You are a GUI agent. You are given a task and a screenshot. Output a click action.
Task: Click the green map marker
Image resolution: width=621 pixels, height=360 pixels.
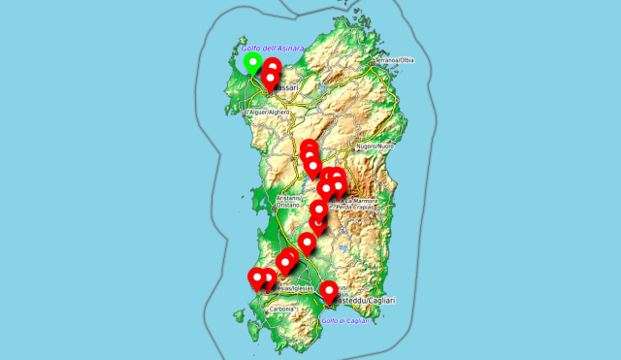252,64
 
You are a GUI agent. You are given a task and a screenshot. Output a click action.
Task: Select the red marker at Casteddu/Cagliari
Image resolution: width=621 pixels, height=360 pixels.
329,290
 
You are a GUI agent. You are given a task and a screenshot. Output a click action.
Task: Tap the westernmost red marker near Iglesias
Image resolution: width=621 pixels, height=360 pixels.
257,278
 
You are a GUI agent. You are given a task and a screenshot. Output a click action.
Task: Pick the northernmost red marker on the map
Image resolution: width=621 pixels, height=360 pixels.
273,67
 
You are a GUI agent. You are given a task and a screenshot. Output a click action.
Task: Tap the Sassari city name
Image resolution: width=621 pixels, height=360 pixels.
284,88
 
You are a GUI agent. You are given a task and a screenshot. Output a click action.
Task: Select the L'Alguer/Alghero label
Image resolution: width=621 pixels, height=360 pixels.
270,113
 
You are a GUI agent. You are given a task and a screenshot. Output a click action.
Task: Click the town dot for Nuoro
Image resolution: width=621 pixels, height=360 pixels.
360,146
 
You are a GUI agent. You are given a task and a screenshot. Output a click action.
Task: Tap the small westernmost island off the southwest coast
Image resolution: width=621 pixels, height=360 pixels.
238,315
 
